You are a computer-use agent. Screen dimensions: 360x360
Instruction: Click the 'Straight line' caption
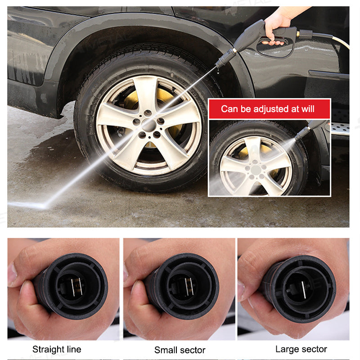pos(57,349)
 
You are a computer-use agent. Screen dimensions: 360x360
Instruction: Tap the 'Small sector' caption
pos(180,350)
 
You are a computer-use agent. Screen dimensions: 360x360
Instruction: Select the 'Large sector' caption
pos(301,349)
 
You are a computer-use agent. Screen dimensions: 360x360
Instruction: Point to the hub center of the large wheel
pos(149,124)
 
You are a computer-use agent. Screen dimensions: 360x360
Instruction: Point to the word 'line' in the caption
pos(73,349)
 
